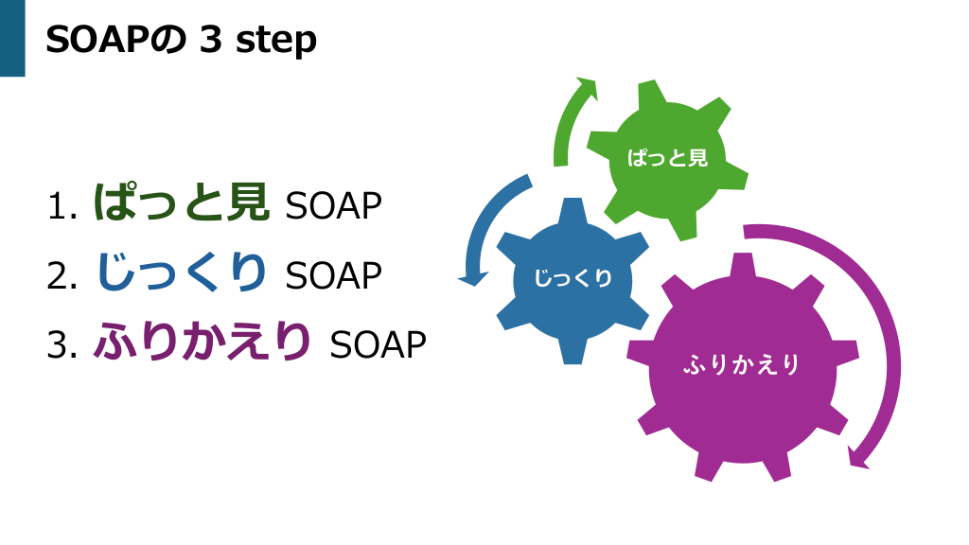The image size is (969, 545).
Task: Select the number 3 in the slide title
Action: pyautogui.click(x=210, y=40)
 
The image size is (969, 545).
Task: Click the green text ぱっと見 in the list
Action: pyautogui.click(x=181, y=203)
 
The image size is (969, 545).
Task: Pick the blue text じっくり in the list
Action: pyautogui.click(x=183, y=273)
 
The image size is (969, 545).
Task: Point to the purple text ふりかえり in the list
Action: pyautogui.click(x=203, y=343)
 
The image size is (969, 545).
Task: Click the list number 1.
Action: pyautogui.click(x=61, y=207)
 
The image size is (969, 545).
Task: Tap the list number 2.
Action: pyautogui.click(x=62, y=276)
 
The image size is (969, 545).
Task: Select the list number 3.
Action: pyautogui.click(x=62, y=346)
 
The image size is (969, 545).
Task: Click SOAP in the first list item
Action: pyautogui.click(x=333, y=207)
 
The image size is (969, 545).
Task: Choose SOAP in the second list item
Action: pyautogui.click(x=333, y=276)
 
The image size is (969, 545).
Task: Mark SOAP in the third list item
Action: pyautogui.click(x=378, y=346)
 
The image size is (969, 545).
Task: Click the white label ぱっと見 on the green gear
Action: pyautogui.click(x=667, y=158)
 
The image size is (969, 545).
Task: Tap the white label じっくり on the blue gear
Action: pyautogui.click(x=572, y=279)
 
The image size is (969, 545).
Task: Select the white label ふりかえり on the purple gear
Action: pyautogui.click(x=742, y=364)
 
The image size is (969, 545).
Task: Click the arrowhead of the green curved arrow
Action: pyautogui.click(x=590, y=88)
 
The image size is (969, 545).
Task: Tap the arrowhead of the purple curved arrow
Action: pyautogui.click(x=858, y=458)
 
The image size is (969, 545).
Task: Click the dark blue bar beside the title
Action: pyautogui.click(x=12, y=38)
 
